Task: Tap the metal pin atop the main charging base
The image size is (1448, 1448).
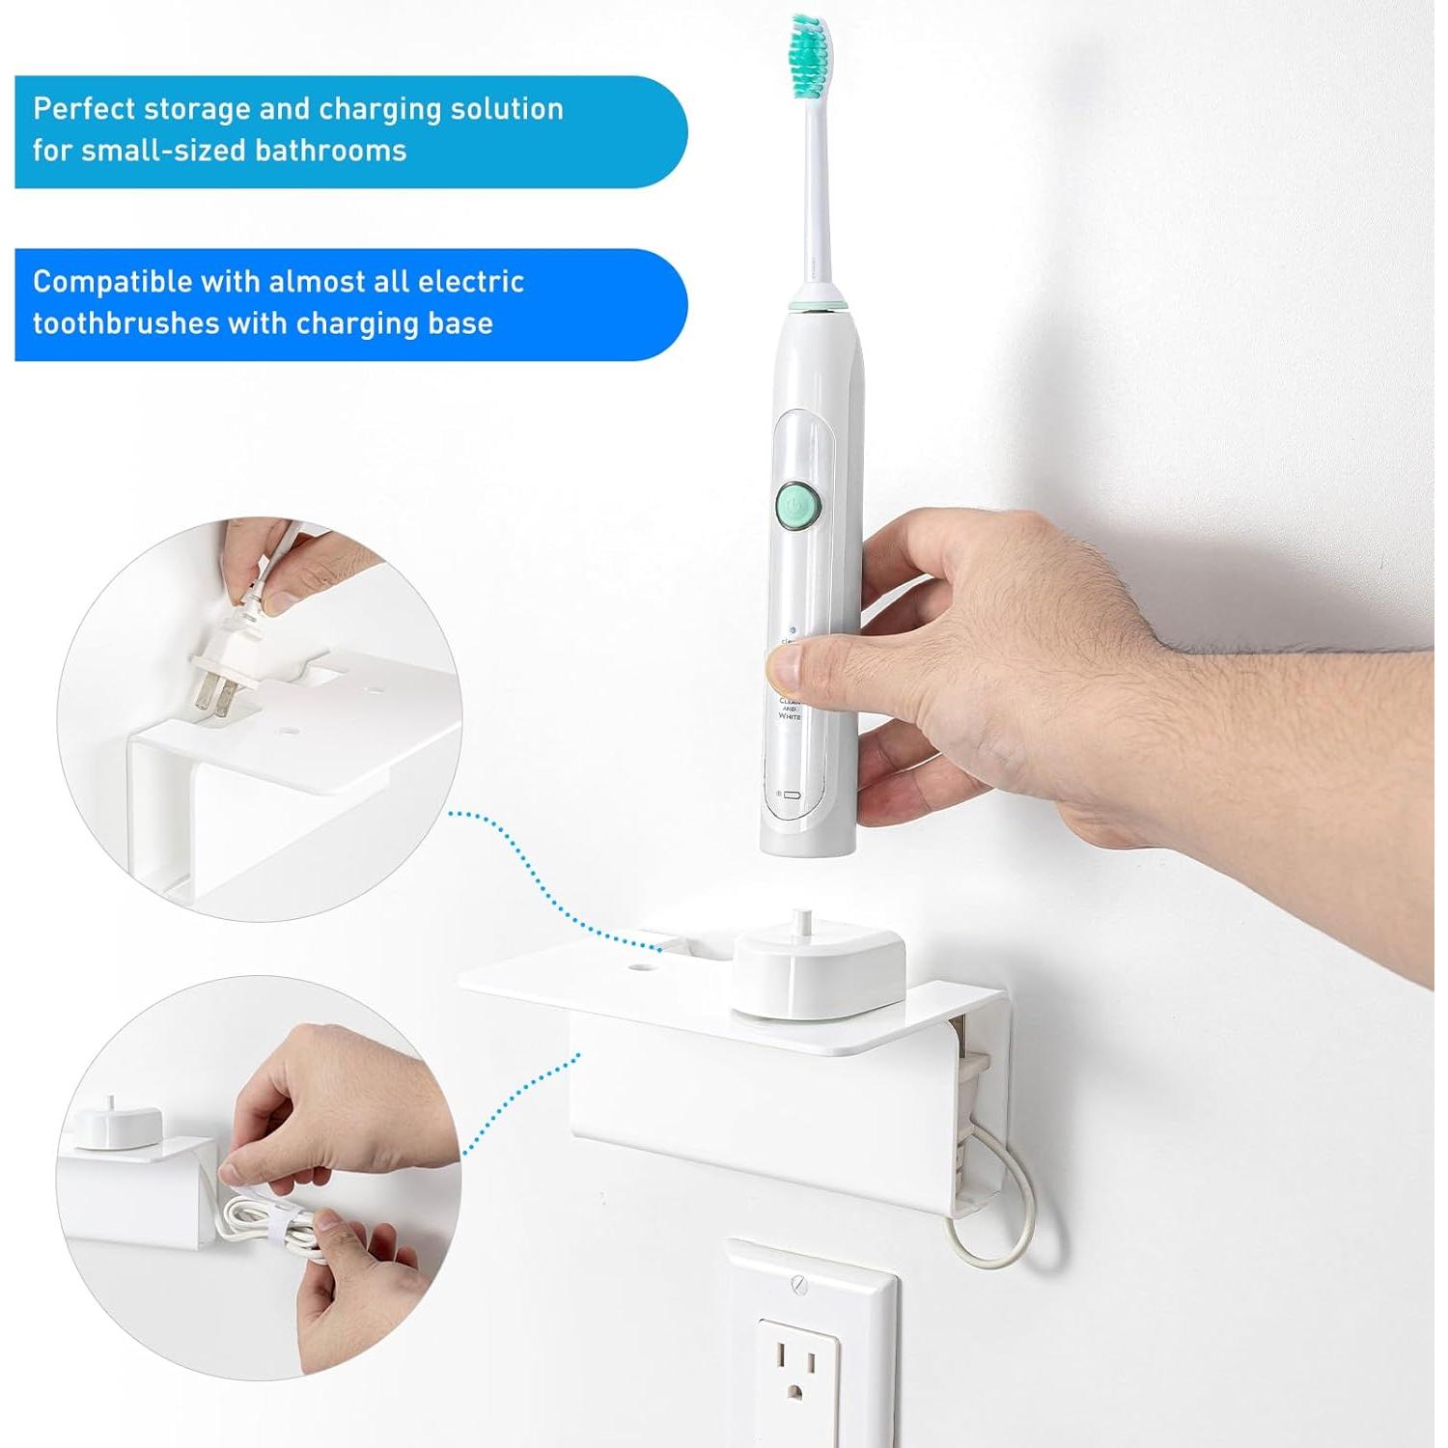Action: (x=799, y=922)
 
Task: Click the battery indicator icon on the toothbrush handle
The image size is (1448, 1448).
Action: (x=791, y=794)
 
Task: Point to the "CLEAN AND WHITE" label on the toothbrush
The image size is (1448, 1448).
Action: (x=789, y=709)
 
